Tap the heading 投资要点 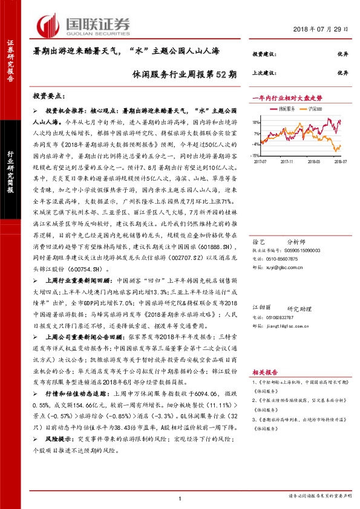pos(56,96)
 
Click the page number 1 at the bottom pos(180,498)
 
